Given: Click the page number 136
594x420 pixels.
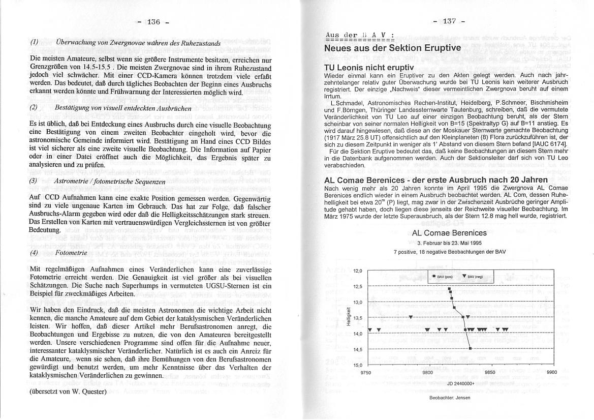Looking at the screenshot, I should click(153, 21).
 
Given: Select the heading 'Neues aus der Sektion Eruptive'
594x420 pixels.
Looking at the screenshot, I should click(392, 48).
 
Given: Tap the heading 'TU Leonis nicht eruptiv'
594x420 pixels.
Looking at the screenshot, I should click(369, 68).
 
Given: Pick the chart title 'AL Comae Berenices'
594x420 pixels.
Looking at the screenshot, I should click(450, 233).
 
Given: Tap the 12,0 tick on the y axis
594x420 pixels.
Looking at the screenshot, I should click(358, 271).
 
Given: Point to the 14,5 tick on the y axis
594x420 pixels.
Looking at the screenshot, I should click(358, 349).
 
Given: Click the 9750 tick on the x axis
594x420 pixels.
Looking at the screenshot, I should click(366, 372).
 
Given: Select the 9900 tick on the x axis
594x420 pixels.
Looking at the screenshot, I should click(552, 372).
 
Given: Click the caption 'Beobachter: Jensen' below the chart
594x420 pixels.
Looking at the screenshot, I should click(450, 398).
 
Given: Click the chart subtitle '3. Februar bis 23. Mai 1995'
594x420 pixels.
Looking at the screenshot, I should click(450, 243).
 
